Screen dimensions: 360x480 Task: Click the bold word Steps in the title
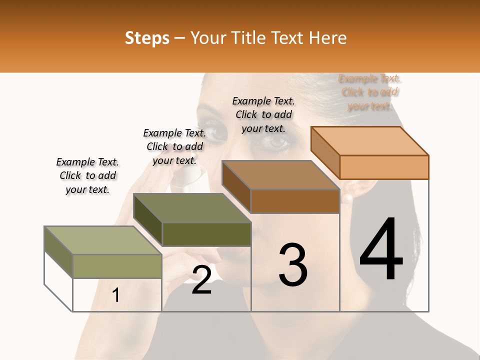[147, 38]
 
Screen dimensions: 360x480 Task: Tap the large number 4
[381, 249]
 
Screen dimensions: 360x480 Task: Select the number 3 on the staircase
[293, 265]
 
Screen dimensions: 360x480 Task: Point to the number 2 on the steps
[201, 280]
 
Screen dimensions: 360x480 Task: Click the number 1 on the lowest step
[116, 295]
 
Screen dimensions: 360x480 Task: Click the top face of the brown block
[280, 175]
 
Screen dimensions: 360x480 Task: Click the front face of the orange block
[384, 167]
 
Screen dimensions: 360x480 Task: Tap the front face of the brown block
[295, 201]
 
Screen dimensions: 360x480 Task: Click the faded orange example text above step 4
[370, 92]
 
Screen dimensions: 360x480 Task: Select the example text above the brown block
[263, 114]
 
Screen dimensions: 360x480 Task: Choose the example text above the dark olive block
[174, 146]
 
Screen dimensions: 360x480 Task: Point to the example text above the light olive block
[87, 175]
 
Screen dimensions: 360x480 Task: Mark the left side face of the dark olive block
[148, 219]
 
